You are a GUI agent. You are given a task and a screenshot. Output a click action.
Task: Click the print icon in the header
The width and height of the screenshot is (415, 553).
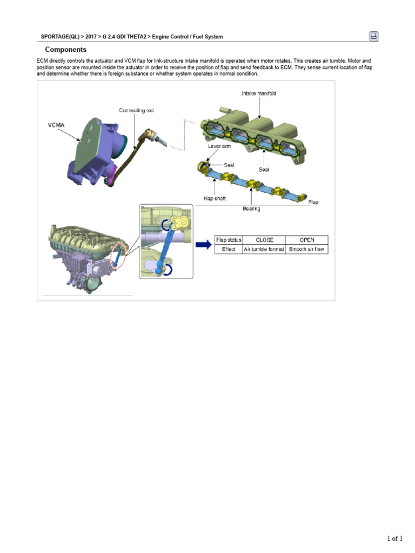[373, 36]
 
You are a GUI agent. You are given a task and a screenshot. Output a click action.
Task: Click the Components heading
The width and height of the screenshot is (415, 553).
[65, 49]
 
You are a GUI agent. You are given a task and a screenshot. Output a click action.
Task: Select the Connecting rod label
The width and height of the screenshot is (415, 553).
[136, 110]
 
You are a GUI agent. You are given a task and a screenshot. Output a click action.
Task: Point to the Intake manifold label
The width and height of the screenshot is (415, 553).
[259, 93]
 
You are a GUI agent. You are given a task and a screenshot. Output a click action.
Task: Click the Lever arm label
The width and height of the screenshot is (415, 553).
[220, 146]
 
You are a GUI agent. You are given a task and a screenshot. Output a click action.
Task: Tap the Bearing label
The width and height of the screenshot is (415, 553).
[251, 208]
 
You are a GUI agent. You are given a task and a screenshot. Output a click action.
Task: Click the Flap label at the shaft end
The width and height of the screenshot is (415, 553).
[313, 203]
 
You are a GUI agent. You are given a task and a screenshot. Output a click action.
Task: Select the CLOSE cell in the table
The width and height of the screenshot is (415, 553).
[264, 240]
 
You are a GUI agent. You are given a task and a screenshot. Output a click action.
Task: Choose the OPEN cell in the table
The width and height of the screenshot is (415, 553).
[307, 240]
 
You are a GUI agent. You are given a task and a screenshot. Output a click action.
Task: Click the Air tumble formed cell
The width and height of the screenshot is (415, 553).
[264, 249]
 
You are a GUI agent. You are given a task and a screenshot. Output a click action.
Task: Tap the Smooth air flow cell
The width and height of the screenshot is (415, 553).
[307, 249]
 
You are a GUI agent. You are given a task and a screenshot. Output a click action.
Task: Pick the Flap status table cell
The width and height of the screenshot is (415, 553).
[229, 240]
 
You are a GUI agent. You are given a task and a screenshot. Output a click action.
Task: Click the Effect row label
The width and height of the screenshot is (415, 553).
[229, 249]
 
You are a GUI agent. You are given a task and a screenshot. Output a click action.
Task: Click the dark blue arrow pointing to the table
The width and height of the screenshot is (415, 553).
[203, 245]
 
